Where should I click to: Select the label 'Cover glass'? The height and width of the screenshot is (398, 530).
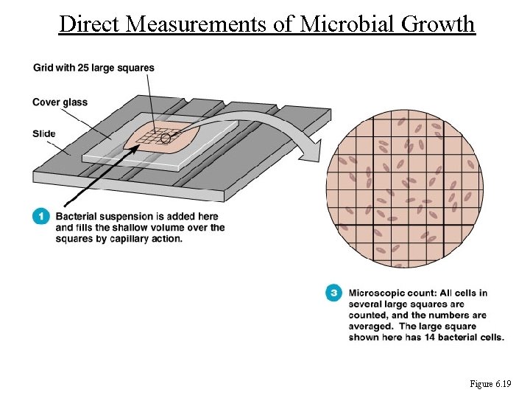(x=60, y=102)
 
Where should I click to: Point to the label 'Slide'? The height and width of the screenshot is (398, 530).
(x=44, y=133)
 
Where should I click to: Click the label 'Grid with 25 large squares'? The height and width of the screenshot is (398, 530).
(x=93, y=68)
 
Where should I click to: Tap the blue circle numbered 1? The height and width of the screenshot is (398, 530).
(x=41, y=216)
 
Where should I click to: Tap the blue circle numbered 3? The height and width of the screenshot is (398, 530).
(x=334, y=293)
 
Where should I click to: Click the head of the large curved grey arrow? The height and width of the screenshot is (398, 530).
(x=313, y=154)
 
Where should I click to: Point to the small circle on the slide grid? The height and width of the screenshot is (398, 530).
(x=166, y=137)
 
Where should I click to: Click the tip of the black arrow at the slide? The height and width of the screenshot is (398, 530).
(x=138, y=145)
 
